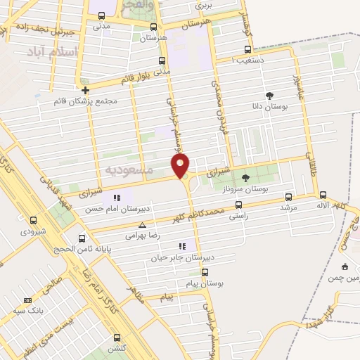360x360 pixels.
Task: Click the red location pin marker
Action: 181,166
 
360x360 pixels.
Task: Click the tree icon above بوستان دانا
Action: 269,94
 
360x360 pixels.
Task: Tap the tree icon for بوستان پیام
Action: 205,271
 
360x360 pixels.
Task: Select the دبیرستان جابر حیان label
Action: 177,258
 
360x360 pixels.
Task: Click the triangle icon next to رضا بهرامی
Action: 143,226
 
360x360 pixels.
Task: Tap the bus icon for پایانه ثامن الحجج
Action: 83,238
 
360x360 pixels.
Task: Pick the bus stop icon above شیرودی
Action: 33,220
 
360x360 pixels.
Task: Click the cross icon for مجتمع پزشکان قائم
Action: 86,90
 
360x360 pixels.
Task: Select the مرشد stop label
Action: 289,208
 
